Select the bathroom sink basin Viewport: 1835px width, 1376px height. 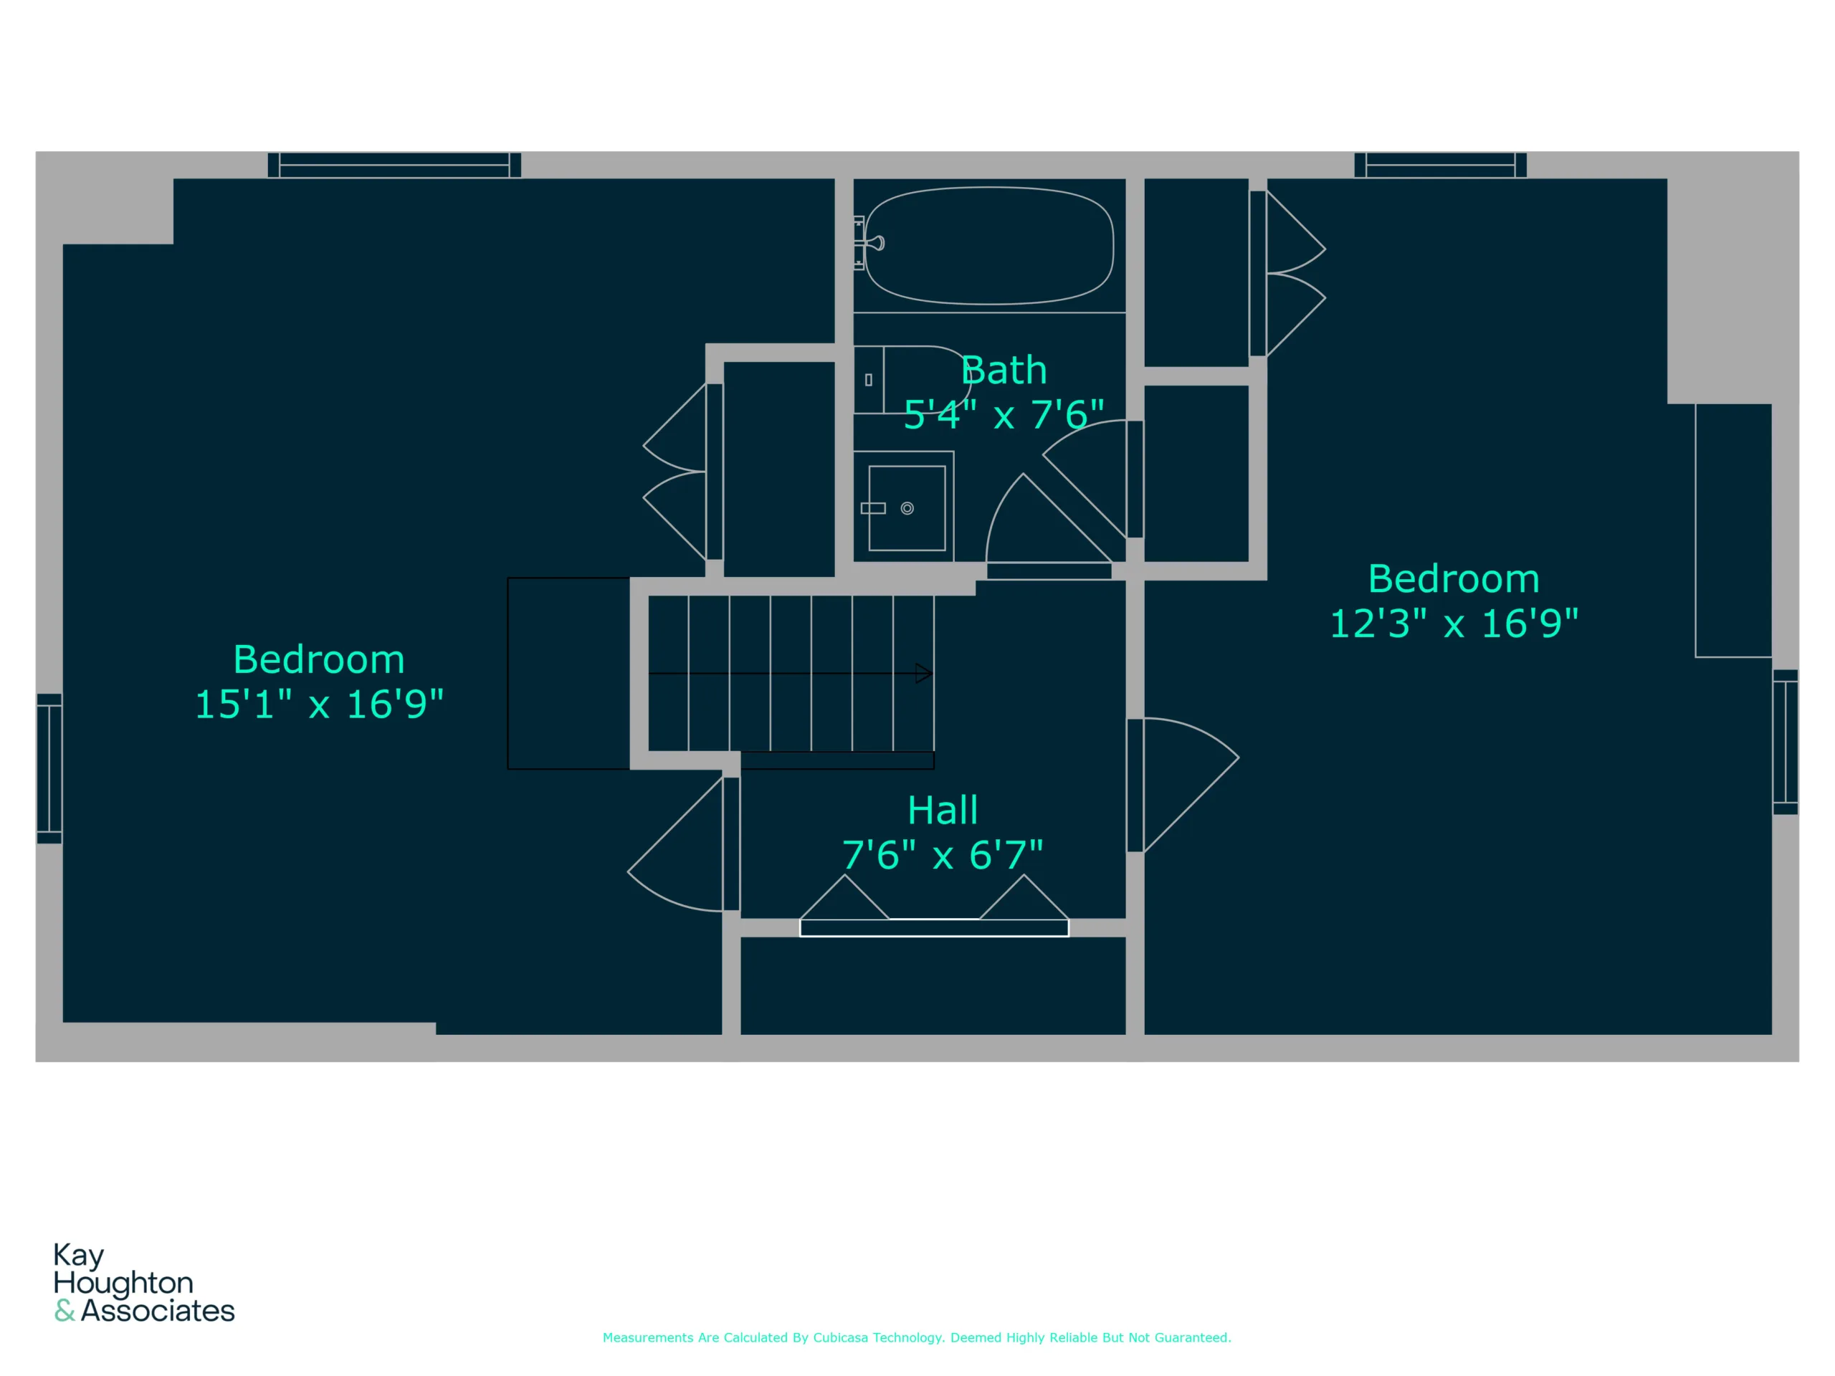click(907, 508)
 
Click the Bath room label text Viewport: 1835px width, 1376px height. click(1004, 370)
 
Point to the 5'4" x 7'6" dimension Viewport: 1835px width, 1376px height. click(1004, 414)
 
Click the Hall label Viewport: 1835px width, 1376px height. click(943, 810)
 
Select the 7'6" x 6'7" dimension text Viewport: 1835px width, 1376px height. click(943, 854)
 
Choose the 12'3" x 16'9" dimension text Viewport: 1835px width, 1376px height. click(1454, 623)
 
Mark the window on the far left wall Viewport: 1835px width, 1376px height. click(49, 768)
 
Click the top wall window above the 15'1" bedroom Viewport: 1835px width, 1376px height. click(394, 165)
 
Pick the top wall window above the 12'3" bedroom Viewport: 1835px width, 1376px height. click(1440, 165)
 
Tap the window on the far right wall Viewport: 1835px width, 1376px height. click(1786, 742)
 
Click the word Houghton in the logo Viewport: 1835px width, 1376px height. click(123, 1283)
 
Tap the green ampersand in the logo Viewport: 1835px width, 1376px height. click(65, 1311)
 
